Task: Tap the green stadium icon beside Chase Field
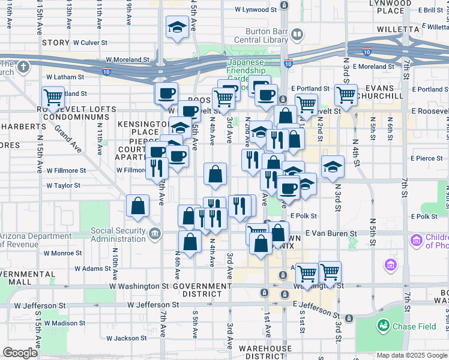382,325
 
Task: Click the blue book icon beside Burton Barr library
297,34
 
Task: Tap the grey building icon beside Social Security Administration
155,233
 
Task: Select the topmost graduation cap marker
178,26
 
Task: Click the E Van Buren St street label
331,233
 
